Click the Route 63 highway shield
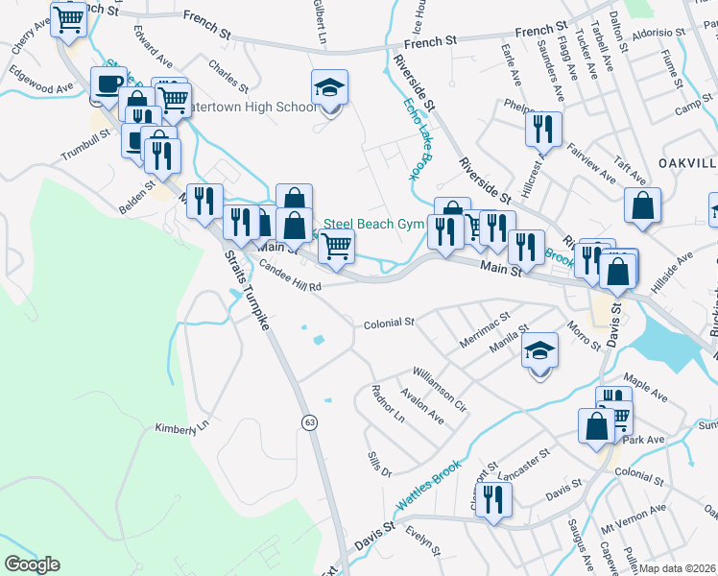point(309,422)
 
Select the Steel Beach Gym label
point(372,224)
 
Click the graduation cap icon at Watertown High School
point(330,89)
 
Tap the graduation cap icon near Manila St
point(540,350)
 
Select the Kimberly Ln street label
point(181,426)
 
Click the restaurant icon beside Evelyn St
point(494,499)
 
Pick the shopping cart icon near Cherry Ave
point(68,18)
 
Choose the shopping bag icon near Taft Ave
point(641,204)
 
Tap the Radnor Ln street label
point(386,405)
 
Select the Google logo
point(32,564)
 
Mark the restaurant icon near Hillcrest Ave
point(543,129)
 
